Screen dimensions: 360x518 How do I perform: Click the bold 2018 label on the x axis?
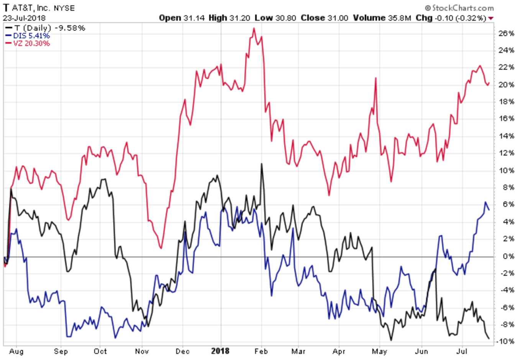pyautogui.click(x=220, y=351)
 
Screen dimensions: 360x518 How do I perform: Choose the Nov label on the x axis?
pyautogui.click(x=142, y=351)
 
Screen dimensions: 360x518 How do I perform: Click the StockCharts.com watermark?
pyautogui.click(x=459, y=8)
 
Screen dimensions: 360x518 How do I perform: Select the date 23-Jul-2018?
pyautogui.click(x=25, y=18)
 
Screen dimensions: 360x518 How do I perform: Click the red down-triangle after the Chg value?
pyautogui.click(x=491, y=18)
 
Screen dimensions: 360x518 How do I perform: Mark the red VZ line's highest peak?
pyautogui.click(x=254, y=28)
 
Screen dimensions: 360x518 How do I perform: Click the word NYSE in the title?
pyautogui.click(x=64, y=8)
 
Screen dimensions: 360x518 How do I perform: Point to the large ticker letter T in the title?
pyautogui.click(x=6, y=8)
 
